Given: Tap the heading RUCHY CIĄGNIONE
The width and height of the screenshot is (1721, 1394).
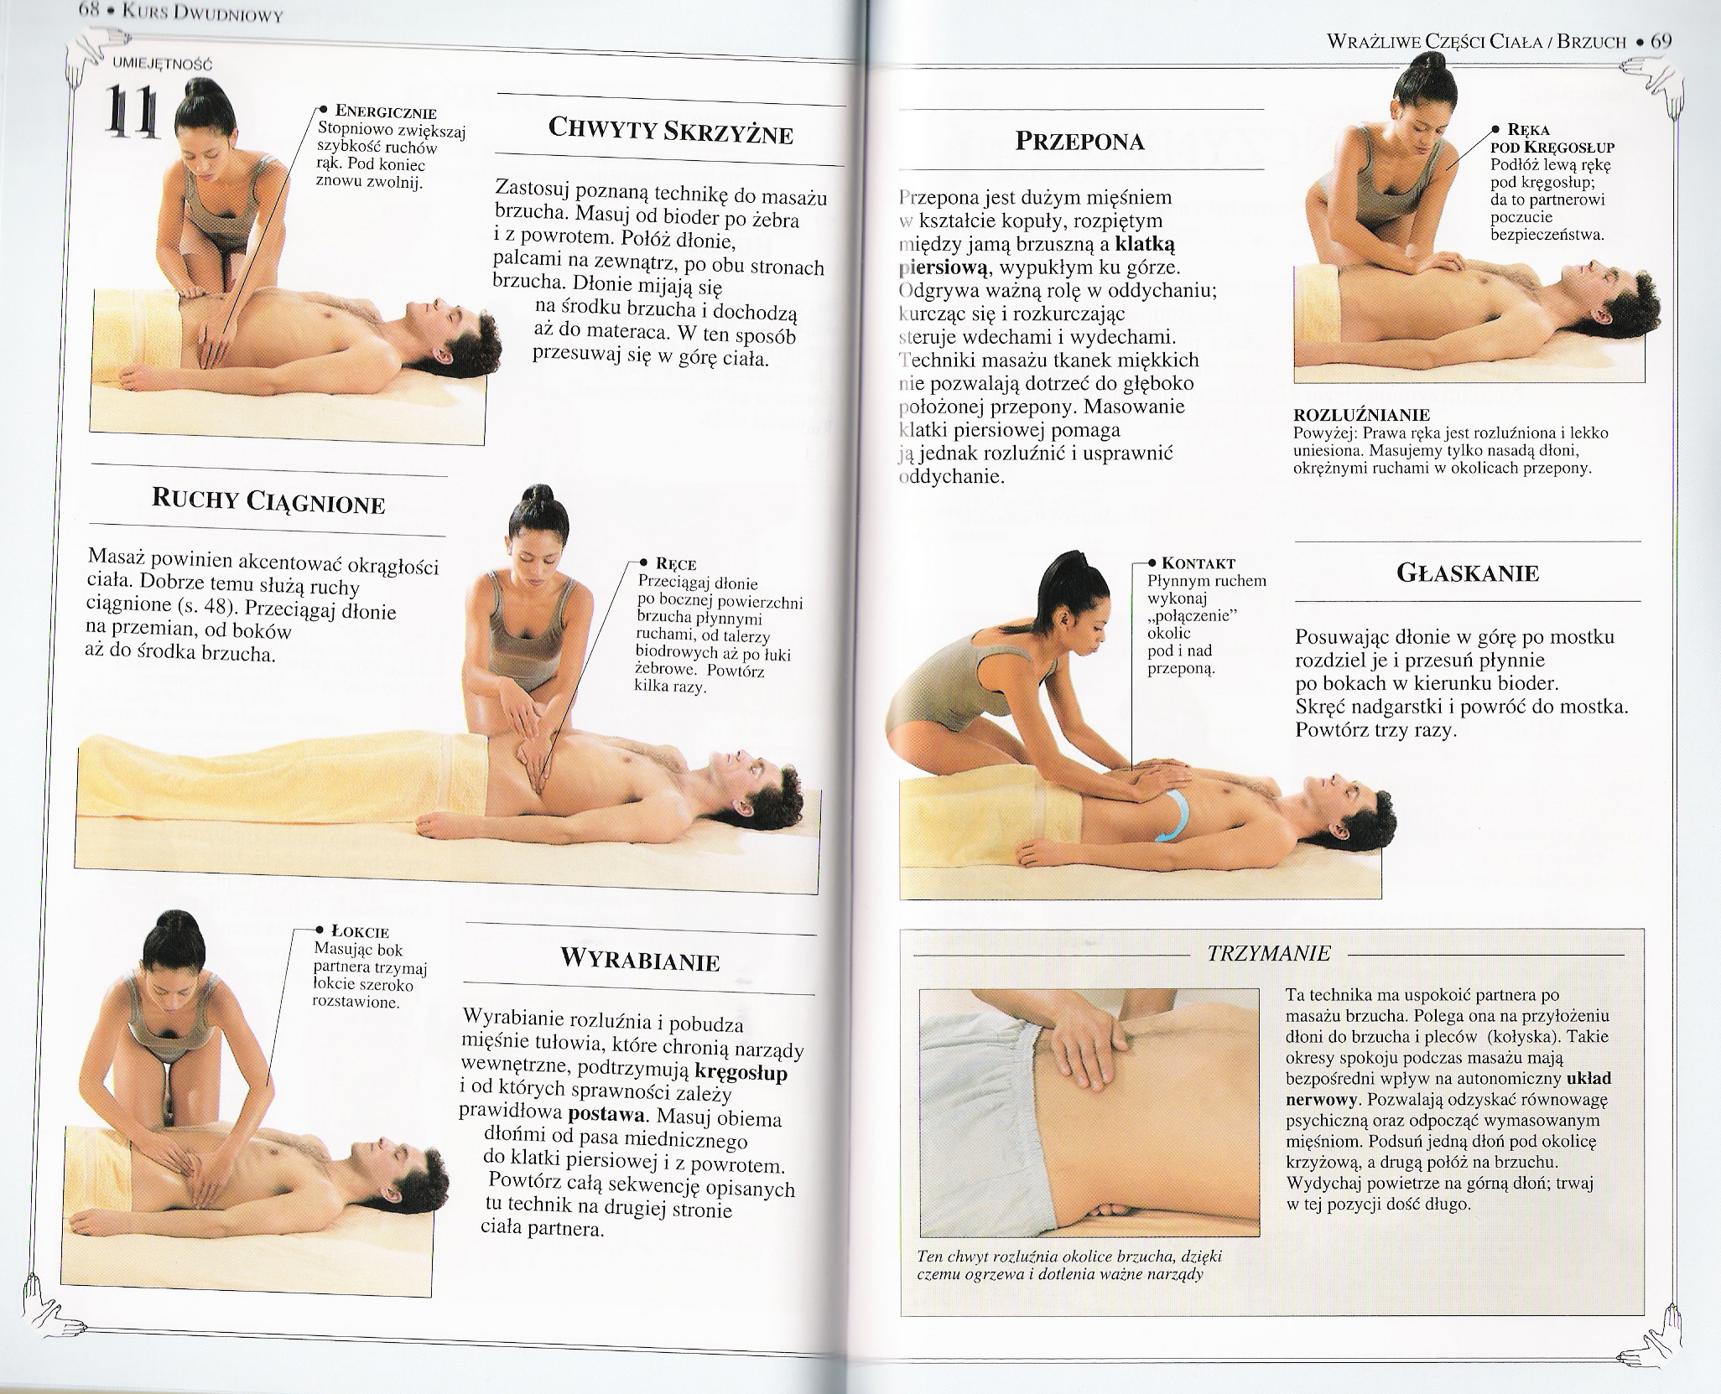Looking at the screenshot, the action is pyautogui.click(x=268, y=501).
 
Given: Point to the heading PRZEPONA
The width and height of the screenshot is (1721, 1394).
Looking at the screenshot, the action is pyautogui.click(x=1079, y=140).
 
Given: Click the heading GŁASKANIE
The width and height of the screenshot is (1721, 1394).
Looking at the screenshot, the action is pyautogui.click(x=1468, y=573).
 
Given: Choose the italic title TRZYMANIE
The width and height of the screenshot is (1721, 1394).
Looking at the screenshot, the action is pyautogui.click(x=1269, y=953).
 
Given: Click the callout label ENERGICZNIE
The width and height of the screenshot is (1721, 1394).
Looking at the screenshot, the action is pyautogui.click(x=386, y=112).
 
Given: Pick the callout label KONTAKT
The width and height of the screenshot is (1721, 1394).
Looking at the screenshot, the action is pyautogui.click(x=1200, y=564).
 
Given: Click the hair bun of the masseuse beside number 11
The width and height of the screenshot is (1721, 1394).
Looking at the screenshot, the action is pyautogui.click(x=196, y=91).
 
